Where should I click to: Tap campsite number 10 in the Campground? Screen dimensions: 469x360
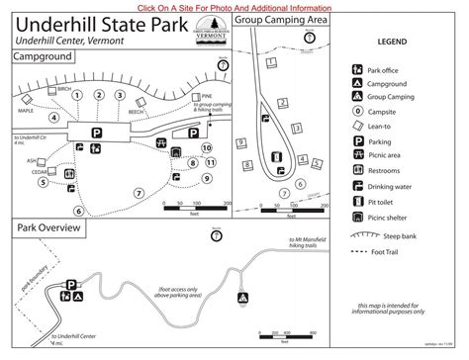(207, 148)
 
